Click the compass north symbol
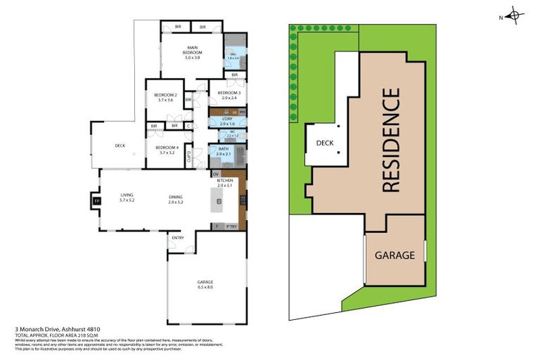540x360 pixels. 515,15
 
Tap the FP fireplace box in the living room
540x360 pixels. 97,201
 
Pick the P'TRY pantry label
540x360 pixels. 231,226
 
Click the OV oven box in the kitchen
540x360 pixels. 216,173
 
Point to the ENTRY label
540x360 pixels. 177,237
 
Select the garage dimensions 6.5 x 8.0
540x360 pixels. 205,287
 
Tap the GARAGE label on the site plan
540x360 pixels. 394,255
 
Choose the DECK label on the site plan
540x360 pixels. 324,143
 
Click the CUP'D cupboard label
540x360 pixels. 189,157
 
